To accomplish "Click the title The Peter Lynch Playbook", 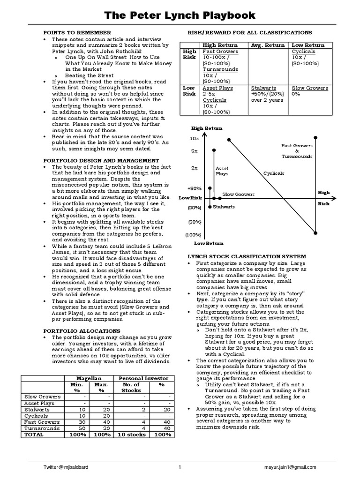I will click(x=180, y=15).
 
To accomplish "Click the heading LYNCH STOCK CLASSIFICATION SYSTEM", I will click(x=247, y=257).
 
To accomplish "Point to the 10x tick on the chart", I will click(x=195, y=139).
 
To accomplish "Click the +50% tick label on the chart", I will click(x=194, y=188).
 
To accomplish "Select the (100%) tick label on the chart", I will click(x=193, y=234).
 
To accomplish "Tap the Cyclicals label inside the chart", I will click(x=274, y=173).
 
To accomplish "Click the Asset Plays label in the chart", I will click(x=221, y=171).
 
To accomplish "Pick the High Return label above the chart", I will click(x=207, y=128).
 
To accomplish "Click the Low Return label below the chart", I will click(x=209, y=243).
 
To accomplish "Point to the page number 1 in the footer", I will click(x=180, y=467).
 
